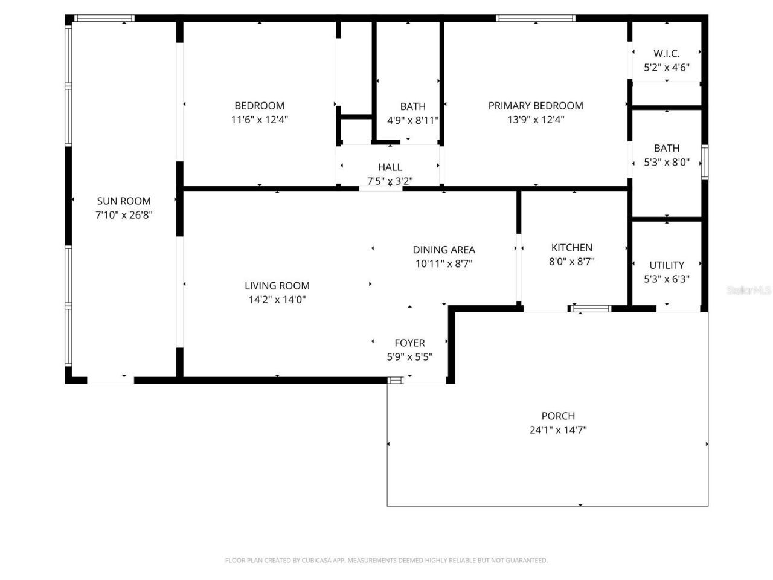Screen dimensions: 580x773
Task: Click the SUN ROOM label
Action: [x=124, y=201]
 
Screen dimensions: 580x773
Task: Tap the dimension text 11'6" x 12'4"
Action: [x=259, y=120]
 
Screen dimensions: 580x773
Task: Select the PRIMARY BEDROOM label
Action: [x=536, y=106]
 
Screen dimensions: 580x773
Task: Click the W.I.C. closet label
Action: [x=666, y=53]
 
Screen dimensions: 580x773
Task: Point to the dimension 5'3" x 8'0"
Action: [x=667, y=162]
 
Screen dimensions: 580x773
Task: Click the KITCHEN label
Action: [x=571, y=248]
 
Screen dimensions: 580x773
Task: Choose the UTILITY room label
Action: [x=667, y=265]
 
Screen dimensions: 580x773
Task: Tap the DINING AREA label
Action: [x=444, y=250]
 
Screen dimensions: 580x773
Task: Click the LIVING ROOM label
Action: [x=277, y=286]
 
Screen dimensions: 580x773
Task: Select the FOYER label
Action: [x=409, y=343]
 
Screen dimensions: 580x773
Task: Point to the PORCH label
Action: [x=558, y=416]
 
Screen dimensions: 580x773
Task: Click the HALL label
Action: [x=390, y=167]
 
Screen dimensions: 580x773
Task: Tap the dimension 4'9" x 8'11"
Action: [x=412, y=120]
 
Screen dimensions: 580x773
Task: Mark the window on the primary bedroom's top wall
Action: [x=536, y=18]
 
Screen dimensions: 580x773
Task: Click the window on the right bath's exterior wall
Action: [x=704, y=162]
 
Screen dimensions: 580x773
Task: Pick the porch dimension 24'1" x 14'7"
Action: [x=558, y=430]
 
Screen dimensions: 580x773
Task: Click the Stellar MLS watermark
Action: [x=749, y=291]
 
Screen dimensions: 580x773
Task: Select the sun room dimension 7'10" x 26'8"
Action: [x=124, y=215]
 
